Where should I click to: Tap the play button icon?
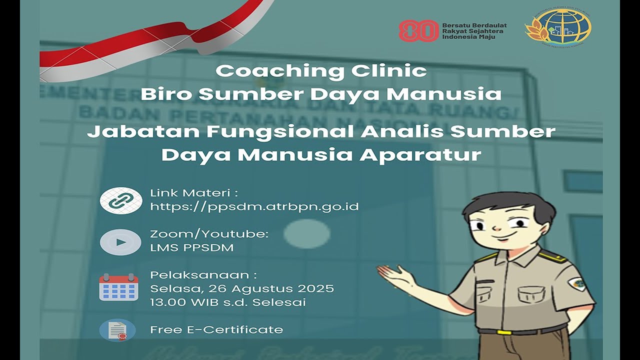coord(120,242)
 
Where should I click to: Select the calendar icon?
coord(118,287)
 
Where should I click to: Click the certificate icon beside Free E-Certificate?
coord(117,330)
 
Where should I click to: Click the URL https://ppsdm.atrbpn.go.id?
coord(254,206)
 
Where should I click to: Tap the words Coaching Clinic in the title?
coord(321,71)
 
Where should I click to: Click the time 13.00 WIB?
coord(183,302)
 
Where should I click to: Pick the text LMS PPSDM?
coord(191,247)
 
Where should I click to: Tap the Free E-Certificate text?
coord(216,330)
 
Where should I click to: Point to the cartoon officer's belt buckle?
coord(504,332)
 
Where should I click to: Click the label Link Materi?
coord(193,193)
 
